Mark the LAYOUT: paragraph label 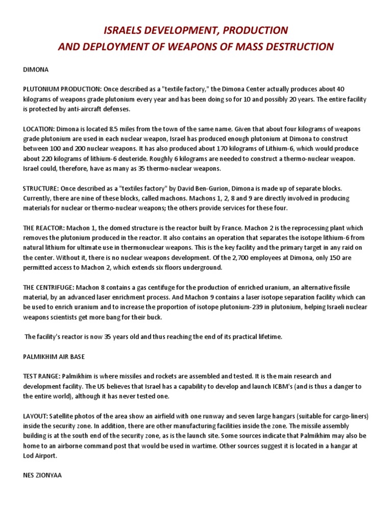click(35, 416)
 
